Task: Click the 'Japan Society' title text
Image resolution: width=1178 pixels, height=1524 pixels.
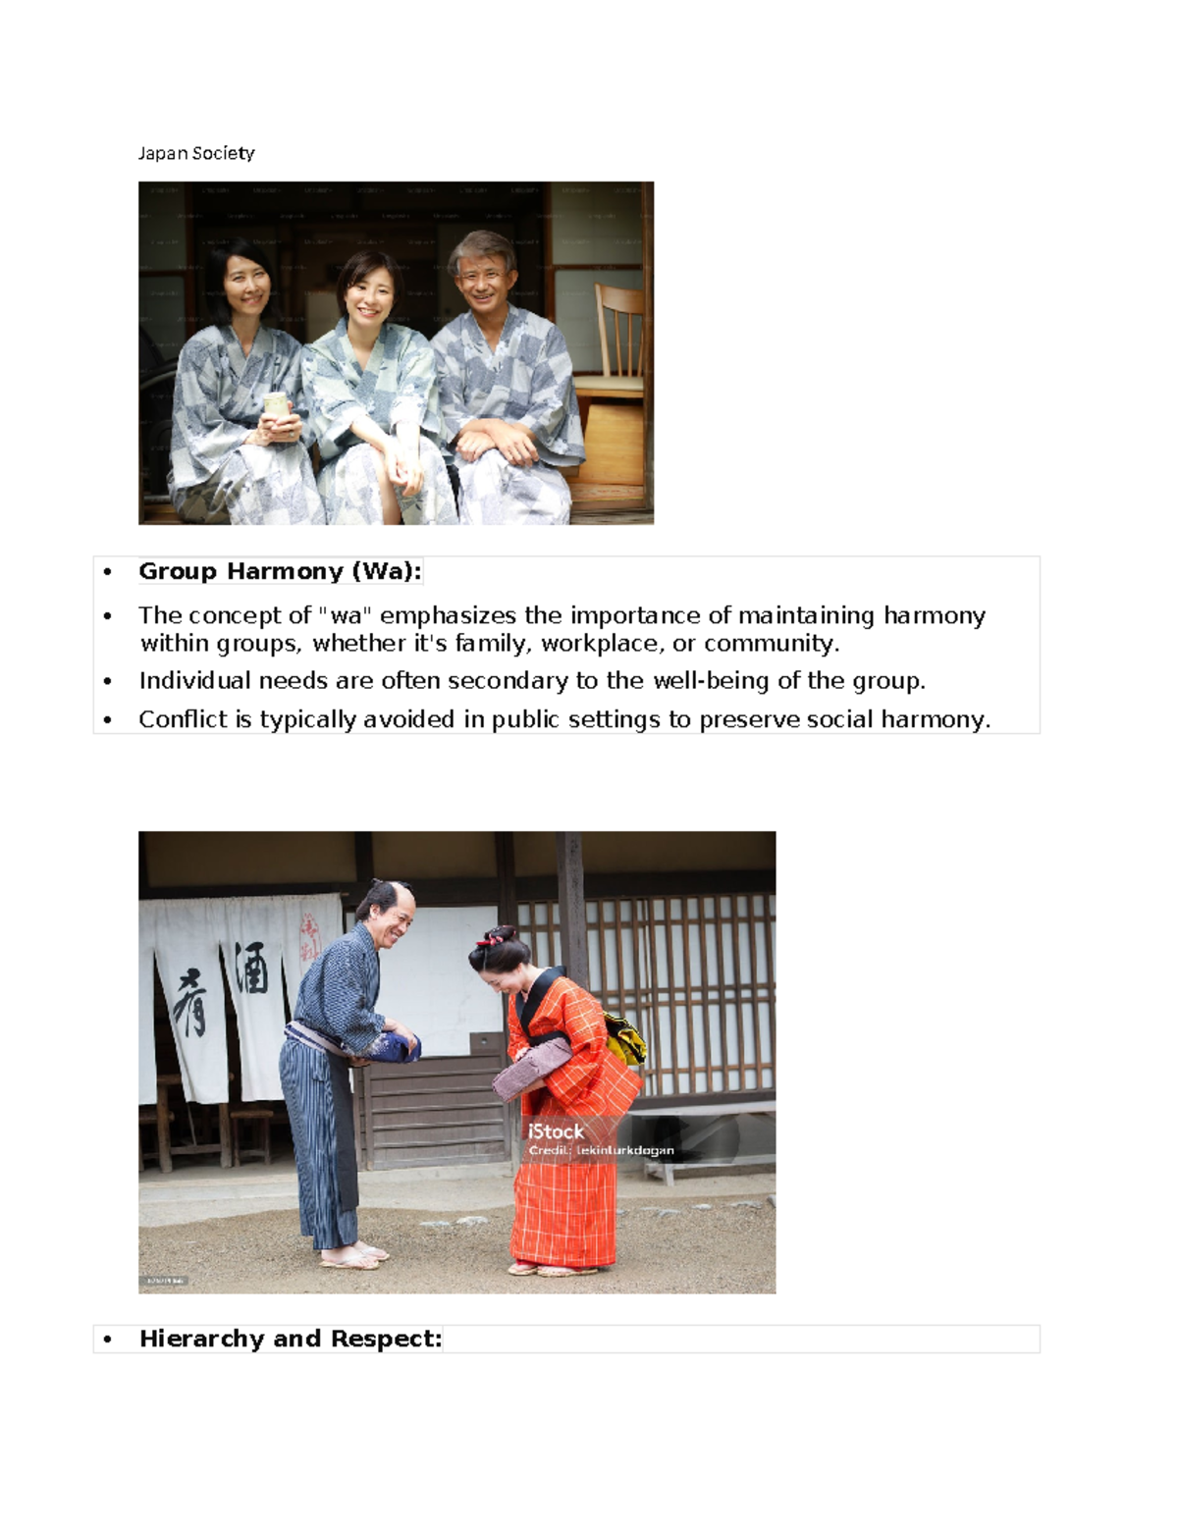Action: click(x=196, y=153)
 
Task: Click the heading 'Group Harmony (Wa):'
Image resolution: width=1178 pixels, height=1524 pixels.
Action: click(x=280, y=571)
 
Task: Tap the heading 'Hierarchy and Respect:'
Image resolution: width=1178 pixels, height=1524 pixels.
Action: click(x=291, y=1339)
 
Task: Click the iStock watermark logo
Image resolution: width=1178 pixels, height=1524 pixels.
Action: click(x=556, y=1131)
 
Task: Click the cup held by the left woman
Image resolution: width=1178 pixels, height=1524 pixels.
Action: click(x=276, y=404)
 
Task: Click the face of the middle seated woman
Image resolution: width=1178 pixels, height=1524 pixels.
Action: click(x=370, y=291)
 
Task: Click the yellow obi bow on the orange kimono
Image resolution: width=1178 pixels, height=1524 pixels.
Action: click(x=625, y=1038)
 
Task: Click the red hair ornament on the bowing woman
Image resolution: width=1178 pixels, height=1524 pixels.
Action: click(x=482, y=940)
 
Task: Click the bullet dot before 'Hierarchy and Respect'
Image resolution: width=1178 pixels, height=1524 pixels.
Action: click(x=107, y=1340)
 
